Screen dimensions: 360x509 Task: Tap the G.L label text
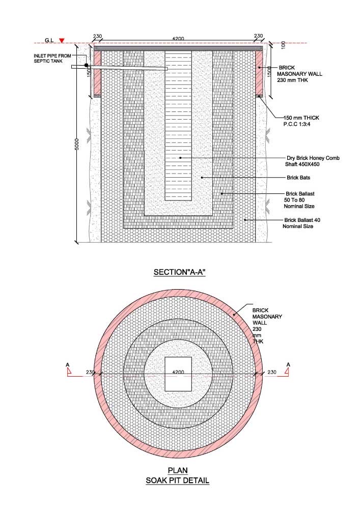(x=49, y=40)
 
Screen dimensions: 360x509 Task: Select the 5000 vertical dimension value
(x=77, y=144)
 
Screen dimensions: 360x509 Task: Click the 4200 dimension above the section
(x=178, y=39)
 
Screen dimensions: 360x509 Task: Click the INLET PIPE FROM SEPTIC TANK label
(x=52, y=59)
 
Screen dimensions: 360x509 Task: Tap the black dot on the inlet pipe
(x=87, y=65)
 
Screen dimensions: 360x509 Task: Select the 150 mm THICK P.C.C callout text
(x=301, y=121)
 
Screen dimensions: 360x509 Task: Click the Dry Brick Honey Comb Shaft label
(x=312, y=161)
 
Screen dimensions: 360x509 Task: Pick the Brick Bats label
(x=298, y=178)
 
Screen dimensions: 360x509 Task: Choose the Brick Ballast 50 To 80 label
(x=299, y=200)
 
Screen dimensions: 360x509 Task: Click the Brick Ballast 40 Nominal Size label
(x=301, y=223)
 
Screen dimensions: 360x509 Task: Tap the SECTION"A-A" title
(x=180, y=272)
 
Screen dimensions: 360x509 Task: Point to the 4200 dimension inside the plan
(x=178, y=372)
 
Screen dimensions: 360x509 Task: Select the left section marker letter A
(x=68, y=365)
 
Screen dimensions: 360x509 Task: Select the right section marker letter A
(x=288, y=365)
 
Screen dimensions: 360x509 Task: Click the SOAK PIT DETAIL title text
(x=178, y=480)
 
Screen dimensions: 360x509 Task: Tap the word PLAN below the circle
(x=178, y=470)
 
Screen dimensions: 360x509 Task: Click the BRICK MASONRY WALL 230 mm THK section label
(x=299, y=74)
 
